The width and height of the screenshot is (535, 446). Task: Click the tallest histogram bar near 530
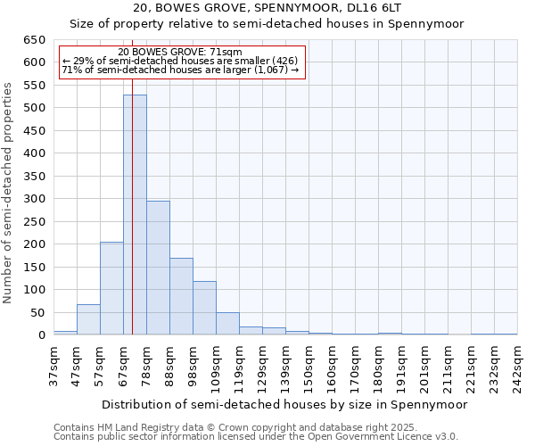(x=135, y=214)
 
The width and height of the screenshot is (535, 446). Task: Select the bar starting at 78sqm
(x=158, y=268)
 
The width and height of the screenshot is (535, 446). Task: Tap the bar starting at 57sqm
(x=111, y=288)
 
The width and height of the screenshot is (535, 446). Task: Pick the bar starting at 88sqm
(x=181, y=296)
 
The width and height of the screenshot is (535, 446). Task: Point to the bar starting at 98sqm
(x=204, y=308)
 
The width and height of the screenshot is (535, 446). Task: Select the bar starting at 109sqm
(x=227, y=324)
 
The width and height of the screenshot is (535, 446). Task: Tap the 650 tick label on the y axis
(x=34, y=40)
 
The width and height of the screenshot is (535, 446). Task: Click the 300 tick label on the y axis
(x=34, y=199)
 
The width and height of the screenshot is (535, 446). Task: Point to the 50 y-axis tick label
(x=37, y=312)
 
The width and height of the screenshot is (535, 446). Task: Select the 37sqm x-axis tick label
(x=53, y=367)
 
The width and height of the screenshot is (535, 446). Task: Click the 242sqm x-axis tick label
(x=517, y=367)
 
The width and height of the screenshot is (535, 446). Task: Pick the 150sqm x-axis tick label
(x=309, y=367)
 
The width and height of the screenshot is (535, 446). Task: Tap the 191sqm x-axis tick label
(x=401, y=367)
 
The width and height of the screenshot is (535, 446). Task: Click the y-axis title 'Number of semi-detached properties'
(x=8, y=192)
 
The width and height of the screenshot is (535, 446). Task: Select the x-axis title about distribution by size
(x=284, y=404)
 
